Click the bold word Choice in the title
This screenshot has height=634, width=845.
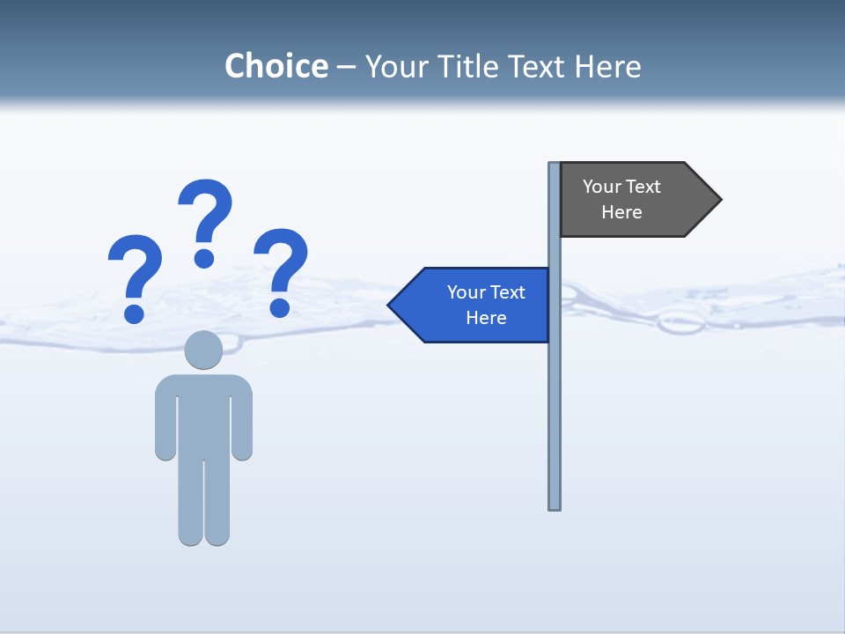click(276, 66)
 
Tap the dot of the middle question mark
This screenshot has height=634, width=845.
click(204, 258)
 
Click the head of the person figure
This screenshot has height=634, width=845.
click(203, 350)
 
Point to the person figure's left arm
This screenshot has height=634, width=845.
click(165, 423)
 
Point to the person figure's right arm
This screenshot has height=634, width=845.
click(242, 423)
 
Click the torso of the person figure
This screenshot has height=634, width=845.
click(203, 414)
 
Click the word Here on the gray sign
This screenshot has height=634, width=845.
click(621, 212)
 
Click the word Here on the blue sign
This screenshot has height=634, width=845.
click(486, 318)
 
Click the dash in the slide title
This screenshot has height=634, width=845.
click(346, 67)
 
